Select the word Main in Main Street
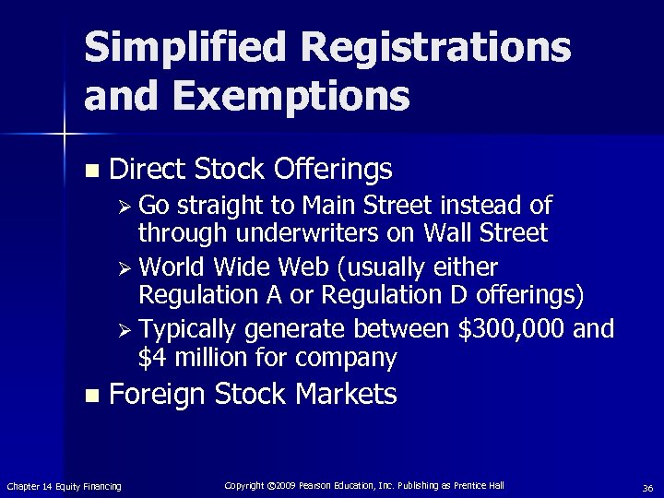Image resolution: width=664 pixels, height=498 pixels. [336, 204]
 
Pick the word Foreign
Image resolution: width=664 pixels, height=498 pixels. [157, 396]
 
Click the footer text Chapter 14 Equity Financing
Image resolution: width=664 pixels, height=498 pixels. [64, 486]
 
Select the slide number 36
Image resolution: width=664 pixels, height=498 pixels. [647, 487]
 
